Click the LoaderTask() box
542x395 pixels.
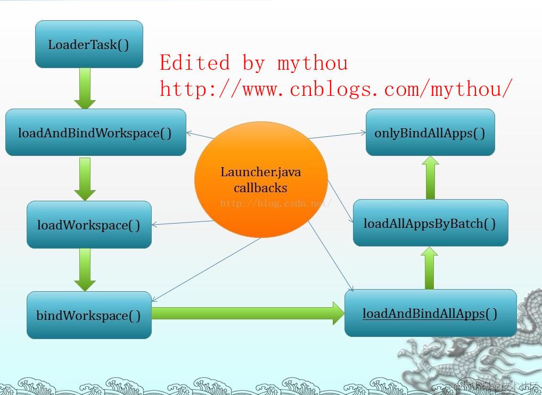click(89, 44)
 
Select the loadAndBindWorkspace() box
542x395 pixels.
click(96, 133)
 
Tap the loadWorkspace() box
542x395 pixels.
click(89, 225)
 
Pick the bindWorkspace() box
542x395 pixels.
click(89, 315)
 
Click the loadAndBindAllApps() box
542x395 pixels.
click(430, 313)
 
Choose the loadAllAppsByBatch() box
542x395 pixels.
click(430, 223)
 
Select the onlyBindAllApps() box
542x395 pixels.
click(430, 133)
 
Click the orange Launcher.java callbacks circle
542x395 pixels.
click(261, 180)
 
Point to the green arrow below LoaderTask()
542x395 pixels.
click(85, 88)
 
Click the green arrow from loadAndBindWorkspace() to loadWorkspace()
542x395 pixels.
click(85, 178)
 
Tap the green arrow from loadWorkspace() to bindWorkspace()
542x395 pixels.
click(85, 269)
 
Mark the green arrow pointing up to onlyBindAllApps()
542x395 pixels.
click(430, 177)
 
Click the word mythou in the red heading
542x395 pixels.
click(313, 63)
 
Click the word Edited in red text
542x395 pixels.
click(195, 63)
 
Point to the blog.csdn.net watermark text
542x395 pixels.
click(276, 203)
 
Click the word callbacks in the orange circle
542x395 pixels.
click(260, 188)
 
